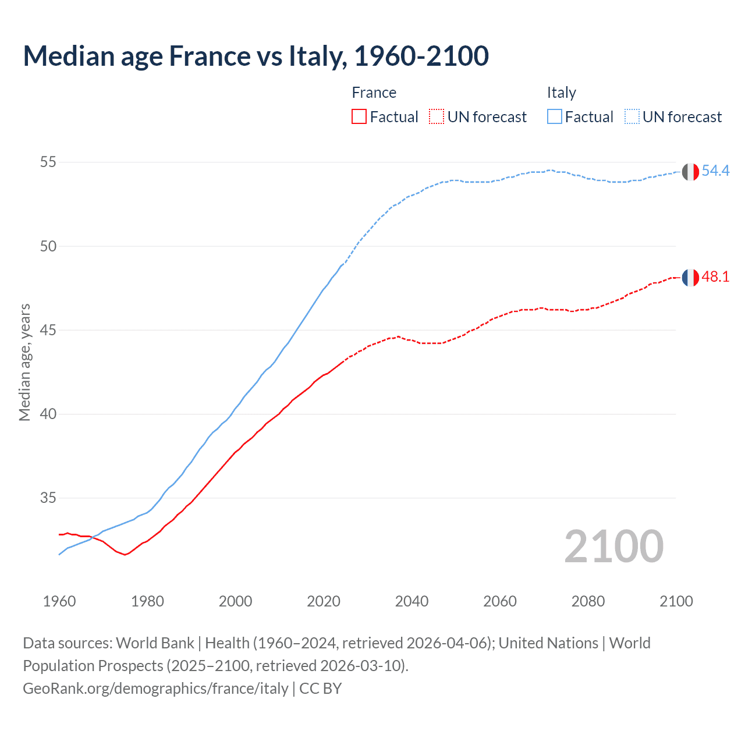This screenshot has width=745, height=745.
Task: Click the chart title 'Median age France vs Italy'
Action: pyautogui.click(x=256, y=56)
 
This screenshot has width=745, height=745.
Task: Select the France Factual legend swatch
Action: pyautogui.click(x=359, y=117)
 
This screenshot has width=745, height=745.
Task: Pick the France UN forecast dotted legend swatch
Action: pyautogui.click(x=437, y=117)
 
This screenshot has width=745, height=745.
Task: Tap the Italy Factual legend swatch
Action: pyautogui.click(x=555, y=117)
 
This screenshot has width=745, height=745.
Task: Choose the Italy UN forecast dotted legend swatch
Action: pyautogui.click(x=632, y=117)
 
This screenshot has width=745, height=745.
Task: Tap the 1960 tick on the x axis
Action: pyautogui.click(x=59, y=601)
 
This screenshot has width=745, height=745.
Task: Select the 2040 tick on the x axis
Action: pyautogui.click(x=411, y=601)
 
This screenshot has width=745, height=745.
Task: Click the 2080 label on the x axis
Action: pyautogui.click(x=588, y=601)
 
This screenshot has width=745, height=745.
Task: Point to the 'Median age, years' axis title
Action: pyautogui.click(x=24, y=362)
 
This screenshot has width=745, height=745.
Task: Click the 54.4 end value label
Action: pyautogui.click(x=715, y=171)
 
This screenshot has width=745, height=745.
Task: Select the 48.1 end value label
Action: pyautogui.click(x=715, y=277)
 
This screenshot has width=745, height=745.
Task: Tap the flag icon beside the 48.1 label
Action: pyautogui.click(x=690, y=278)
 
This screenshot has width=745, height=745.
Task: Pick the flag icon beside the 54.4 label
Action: pyautogui.click(x=690, y=172)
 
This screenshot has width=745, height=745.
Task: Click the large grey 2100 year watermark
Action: pyautogui.click(x=613, y=547)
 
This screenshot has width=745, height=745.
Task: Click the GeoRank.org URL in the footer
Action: pyautogui.click(x=155, y=689)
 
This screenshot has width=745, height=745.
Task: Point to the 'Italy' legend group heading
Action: pyautogui.click(x=561, y=93)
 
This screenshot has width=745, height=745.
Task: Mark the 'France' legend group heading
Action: pyautogui.click(x=374, y=93)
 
